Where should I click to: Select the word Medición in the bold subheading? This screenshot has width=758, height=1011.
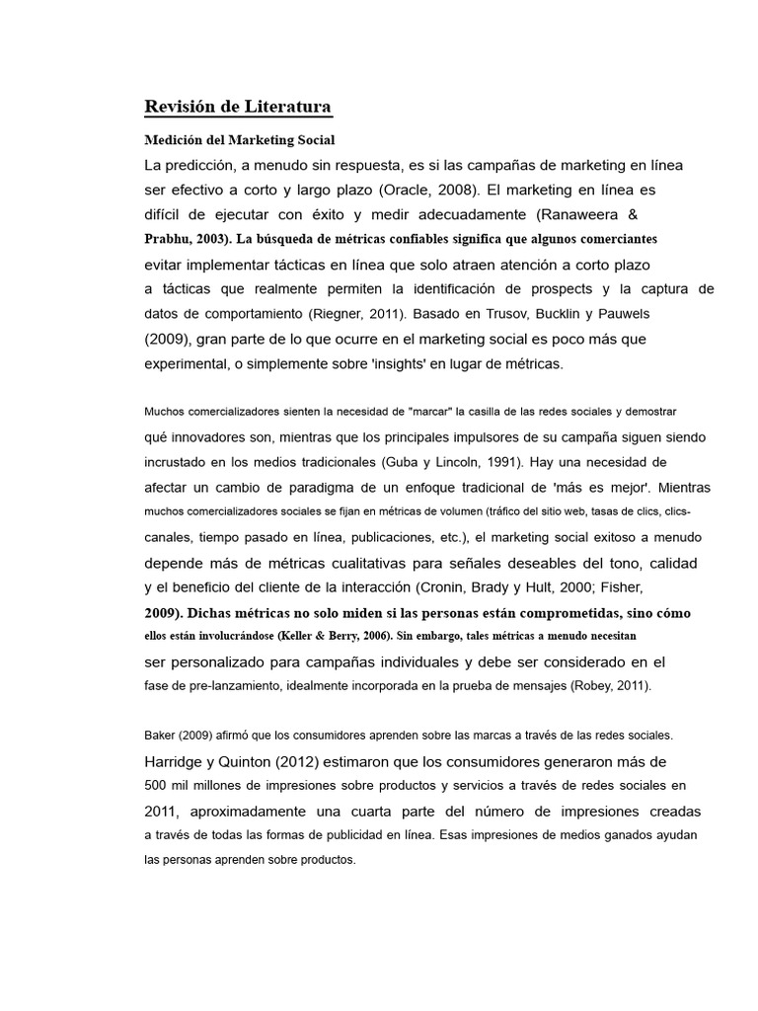(174, 140)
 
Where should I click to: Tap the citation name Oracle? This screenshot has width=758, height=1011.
(455, 189)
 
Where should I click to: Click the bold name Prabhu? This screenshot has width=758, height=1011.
(168, 239)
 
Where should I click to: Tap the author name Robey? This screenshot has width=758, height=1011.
(593, 685)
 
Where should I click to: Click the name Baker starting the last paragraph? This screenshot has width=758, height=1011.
(160, 736)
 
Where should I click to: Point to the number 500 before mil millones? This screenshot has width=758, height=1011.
(157, 786)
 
